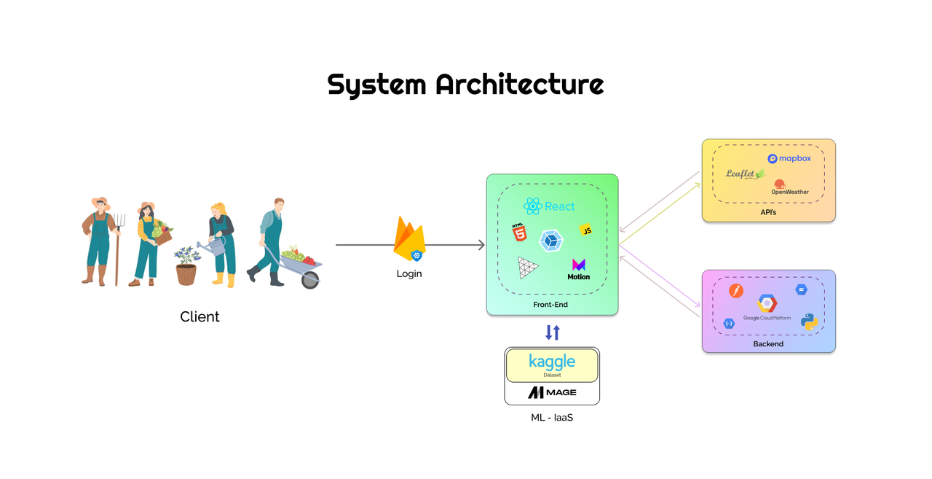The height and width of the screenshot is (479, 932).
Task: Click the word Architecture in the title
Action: pyautogui.click(x=520, y=85)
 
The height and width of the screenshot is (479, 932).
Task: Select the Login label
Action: pyautogui.click(x=409, y=273)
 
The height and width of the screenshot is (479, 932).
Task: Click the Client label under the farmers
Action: pyautogui.click(x=200, y=316)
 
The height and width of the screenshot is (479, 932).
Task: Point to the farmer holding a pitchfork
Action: pyautogui.click(x=99, y=241)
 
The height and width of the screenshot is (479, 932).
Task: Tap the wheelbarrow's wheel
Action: pyautogui.click(x=310, y=279)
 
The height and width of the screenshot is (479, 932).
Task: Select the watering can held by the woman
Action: pyautogui.click(x=208, y=247)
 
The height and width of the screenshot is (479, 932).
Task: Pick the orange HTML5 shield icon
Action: pyautogui.click(x=518, y=233)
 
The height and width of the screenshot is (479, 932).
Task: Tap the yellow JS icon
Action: pyautogui.click(x=585, y=230)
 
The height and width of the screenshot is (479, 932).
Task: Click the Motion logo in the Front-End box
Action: pyautogui.click(x=579, y=269)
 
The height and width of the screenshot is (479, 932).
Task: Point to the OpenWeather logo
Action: pyautogui.click(x=789, y=187)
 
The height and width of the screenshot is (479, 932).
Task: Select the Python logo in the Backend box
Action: pyautogui.click(x=809, y=322)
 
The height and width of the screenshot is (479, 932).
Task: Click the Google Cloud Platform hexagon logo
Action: pyautogui.click(x=767, y=304)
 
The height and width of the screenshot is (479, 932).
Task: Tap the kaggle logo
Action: pyautogui.click(x=552, y=362)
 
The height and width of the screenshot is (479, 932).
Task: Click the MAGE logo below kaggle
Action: pyautogui.click(x=552, y=392)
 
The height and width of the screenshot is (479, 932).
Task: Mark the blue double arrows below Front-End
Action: pyautogui.click(x=553, y=332)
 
